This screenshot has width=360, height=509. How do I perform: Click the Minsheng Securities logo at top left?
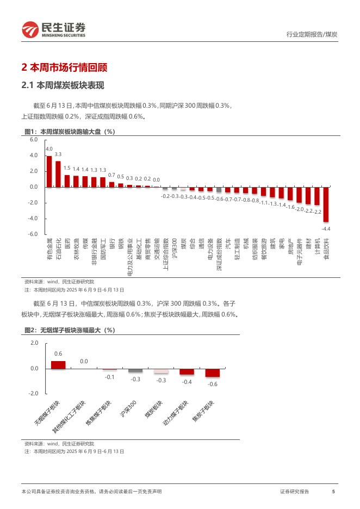pos(54,29)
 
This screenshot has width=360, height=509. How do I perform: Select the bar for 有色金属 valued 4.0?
pos(49,171)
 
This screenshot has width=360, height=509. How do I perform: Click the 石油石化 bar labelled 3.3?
pos(58,174)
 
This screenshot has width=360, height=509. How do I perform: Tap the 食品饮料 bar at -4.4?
pos(326,204)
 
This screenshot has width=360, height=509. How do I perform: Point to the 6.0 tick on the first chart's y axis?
pos(34,140)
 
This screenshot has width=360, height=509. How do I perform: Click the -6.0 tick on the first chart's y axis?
pos(33,234)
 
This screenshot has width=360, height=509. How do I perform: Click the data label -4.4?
pos(326,229)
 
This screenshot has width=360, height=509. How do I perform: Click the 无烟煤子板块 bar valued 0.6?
pos(58,365)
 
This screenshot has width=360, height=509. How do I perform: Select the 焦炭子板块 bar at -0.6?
pos(213,373)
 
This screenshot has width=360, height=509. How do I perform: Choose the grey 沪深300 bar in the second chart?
pos(135,370)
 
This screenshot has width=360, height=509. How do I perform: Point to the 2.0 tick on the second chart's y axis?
pos(34,343)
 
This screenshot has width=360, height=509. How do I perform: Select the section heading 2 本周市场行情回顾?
pos(64,68)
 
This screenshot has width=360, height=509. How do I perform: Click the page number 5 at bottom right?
pos(333,492)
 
